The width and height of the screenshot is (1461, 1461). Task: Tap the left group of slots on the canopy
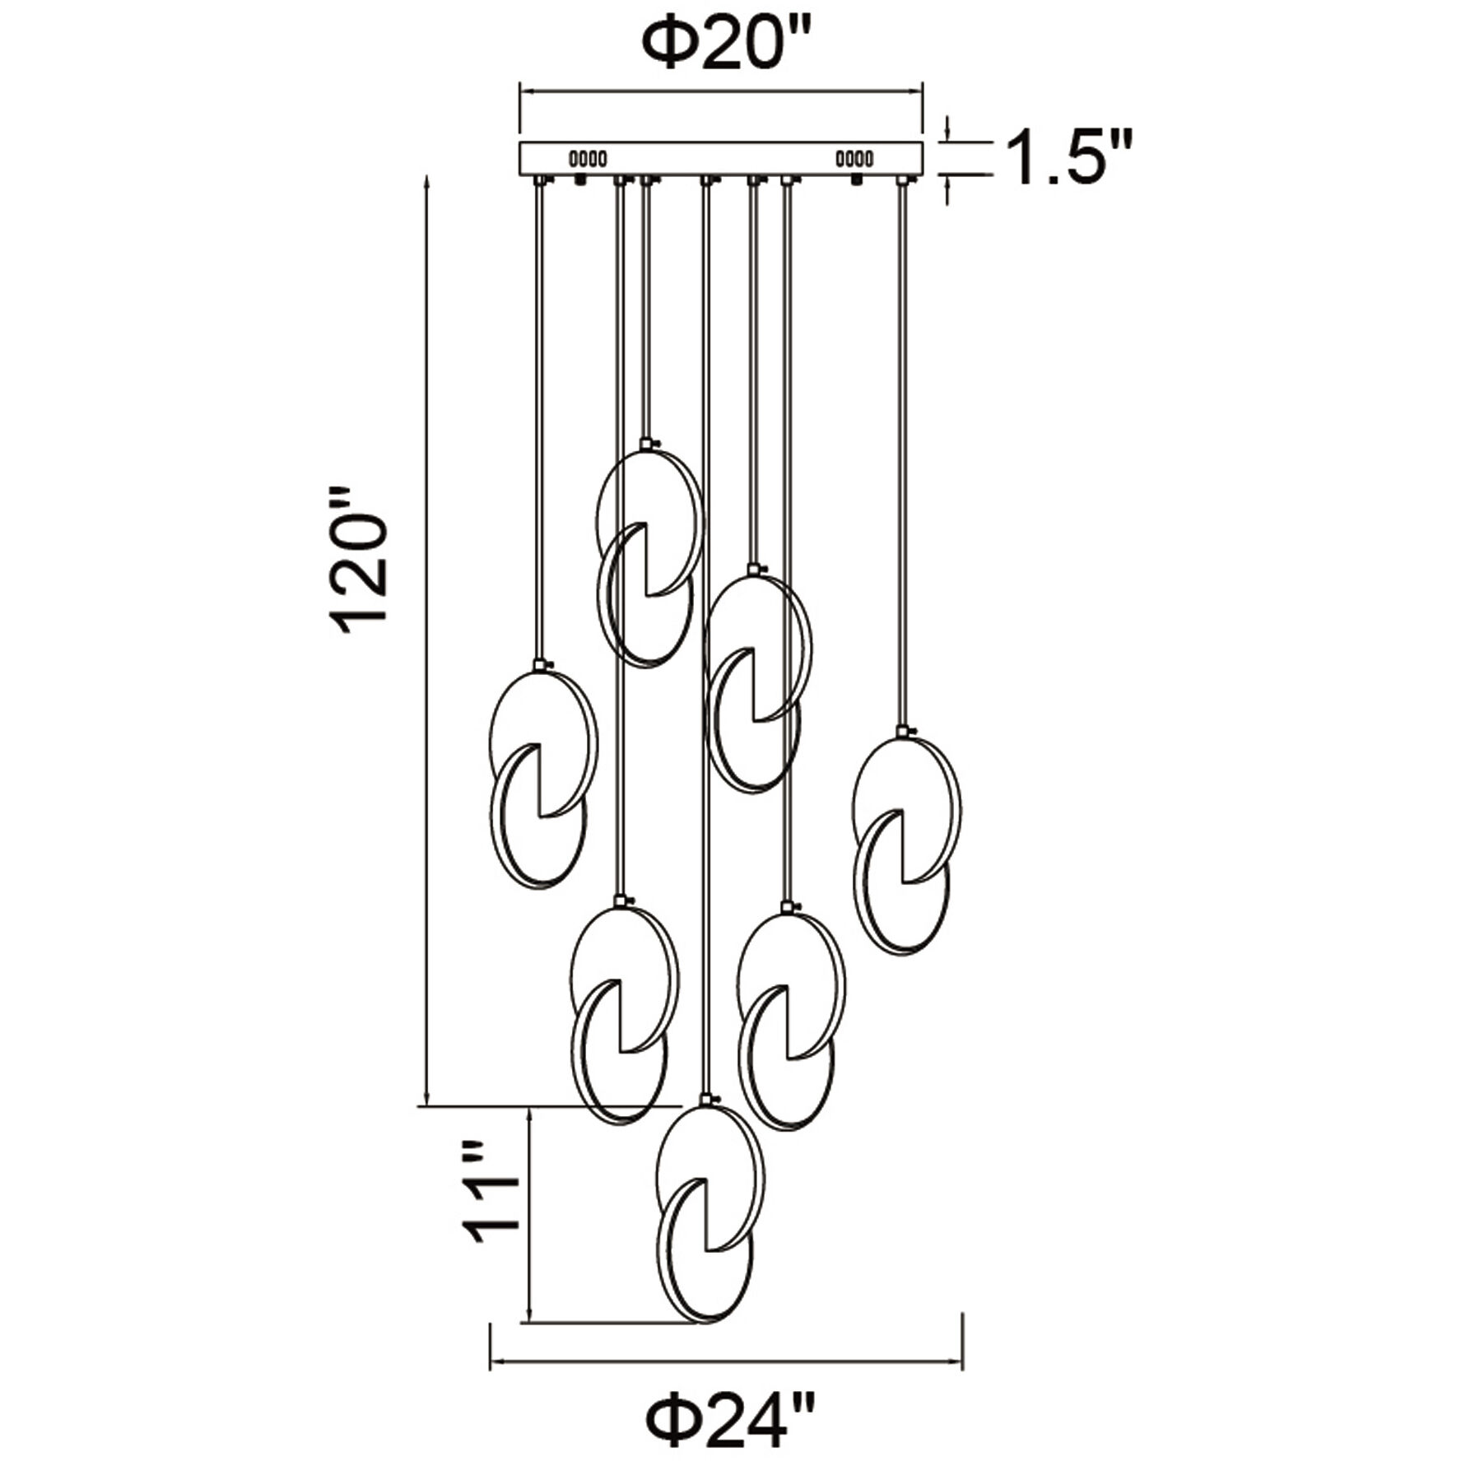[x=589, y=158]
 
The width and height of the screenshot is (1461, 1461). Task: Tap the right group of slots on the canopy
[x=855, y=157]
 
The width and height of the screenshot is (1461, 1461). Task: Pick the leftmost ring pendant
[x=542, y=778]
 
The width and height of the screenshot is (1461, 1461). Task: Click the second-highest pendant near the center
[x=757, y=683]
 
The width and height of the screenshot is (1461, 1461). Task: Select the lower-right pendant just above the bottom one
[x=789, y=1021]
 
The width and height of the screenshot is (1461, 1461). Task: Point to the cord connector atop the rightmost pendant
[x=904, y=731]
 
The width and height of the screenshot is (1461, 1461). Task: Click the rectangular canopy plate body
[x=720, y=157]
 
